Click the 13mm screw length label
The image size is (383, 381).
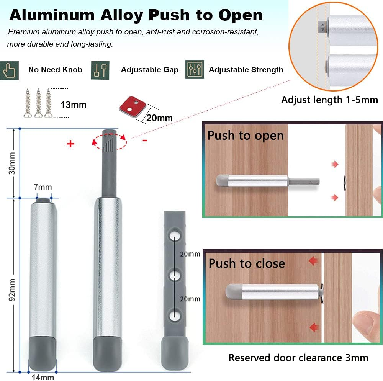73,105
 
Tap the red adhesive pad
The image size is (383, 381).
130,107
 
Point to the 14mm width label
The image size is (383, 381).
43,377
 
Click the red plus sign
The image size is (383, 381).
70,144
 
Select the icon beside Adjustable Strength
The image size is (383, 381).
195,70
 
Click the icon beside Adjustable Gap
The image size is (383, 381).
100,70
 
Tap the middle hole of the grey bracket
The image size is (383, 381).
175,275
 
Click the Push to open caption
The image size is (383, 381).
246,136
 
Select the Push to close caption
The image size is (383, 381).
247,263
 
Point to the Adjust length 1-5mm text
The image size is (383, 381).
329,100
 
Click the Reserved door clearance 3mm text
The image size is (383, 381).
298,358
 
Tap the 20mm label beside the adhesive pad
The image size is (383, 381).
159,118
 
